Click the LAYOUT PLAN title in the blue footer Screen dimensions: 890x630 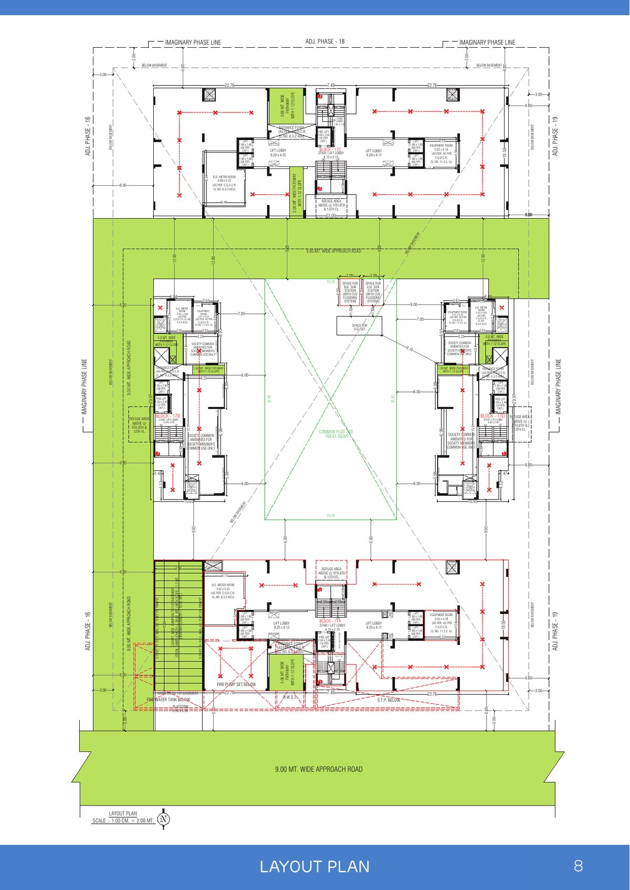pos(314,866)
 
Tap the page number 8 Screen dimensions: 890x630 pos(578,865)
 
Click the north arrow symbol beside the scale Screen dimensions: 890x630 pos(164,819)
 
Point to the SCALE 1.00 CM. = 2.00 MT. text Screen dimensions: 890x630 pos(123,821)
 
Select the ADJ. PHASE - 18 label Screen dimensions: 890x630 pos(325,41)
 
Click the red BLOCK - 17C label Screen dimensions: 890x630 pos(330,150)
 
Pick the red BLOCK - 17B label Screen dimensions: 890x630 pos(168,416)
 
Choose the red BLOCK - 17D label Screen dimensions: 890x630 pos(492,416)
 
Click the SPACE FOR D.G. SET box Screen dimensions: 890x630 pos(360,326)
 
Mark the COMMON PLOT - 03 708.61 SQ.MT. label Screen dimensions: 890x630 pos(335,434)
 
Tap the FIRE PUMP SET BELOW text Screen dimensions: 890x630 pos(236,684)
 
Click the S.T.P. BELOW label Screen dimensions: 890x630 pos(388,700)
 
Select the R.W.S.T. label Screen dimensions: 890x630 pos(290,697)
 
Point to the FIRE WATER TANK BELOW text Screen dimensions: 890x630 pos(169,700)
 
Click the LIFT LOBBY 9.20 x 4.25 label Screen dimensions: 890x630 pos(278,153)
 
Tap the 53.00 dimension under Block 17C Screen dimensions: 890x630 pos(330,215)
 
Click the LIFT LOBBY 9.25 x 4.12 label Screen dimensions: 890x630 pos(281,625)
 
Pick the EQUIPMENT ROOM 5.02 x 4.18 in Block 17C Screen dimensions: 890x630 pos(441,154)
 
